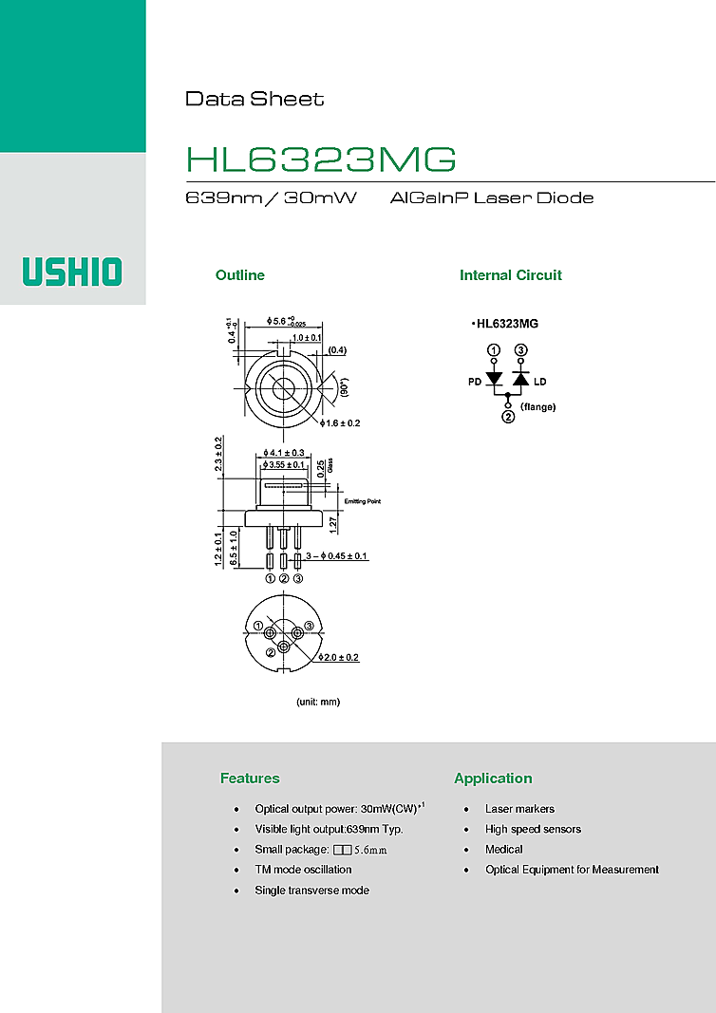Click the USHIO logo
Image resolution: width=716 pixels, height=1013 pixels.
click(72, 272)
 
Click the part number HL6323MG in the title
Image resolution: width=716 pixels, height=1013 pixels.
click(321, 159)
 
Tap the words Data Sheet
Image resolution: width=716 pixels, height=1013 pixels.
click(254, 99)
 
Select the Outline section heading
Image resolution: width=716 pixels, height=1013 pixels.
click(239, 275)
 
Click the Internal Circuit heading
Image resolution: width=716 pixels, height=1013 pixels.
click(510, 275)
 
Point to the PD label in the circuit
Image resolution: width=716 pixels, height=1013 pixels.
click(475, 382)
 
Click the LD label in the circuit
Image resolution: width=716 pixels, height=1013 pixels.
click(540, 382)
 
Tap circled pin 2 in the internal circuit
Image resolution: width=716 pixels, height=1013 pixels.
click(508, 417)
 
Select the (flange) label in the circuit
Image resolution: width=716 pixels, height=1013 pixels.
click(537, 406)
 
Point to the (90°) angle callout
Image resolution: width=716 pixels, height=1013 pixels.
click(345, 388)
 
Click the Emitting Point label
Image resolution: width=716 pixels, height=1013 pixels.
click(362, 501)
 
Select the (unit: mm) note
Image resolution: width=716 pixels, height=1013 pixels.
click(318, 702)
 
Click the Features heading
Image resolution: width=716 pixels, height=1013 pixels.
click(250, 779)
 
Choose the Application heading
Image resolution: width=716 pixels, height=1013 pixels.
click(493, 779)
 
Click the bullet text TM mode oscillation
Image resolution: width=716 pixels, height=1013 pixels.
click(303, 870)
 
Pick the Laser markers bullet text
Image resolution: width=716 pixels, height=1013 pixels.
click(519, 809)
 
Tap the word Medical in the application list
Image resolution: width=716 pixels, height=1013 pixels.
click(504, 850)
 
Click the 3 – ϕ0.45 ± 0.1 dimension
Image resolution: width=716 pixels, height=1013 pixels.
click(336, 555)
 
